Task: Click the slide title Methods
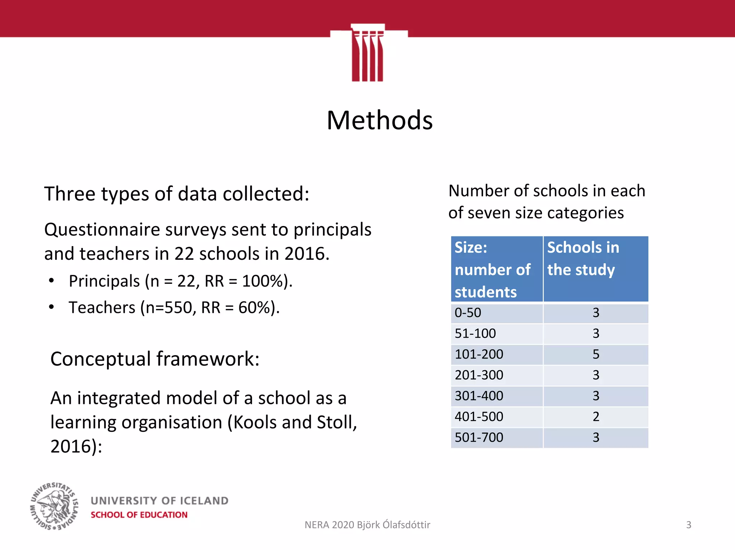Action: click(x=379, y=121)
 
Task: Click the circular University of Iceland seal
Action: click(x=54, y=506)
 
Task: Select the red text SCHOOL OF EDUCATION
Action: click(x=139, y=515)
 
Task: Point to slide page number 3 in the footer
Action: click(x=688, y=525)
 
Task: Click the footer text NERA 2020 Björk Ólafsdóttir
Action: click(x=367, y=525)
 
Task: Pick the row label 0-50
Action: click(x=468, y=313)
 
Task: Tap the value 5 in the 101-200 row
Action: click(x=596, y=354)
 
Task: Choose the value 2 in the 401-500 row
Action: click(x=596, y=417)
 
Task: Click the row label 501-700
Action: click(x=479, y=438)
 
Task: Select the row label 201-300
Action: click(x=479, y=375)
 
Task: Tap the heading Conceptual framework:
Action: click(x=155, y=359)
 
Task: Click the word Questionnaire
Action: click(x=102, y=230)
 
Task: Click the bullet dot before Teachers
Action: click(x=51, y=307)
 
